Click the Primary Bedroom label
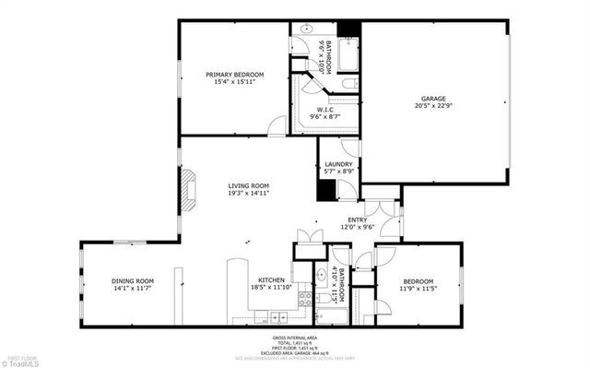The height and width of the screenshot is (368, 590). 235,75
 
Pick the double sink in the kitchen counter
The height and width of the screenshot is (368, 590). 277,317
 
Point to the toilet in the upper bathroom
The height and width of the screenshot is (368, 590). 348,85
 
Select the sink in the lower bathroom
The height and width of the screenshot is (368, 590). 322,275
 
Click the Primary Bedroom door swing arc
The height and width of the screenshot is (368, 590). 277,125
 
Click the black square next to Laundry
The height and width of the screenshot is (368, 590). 325,189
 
